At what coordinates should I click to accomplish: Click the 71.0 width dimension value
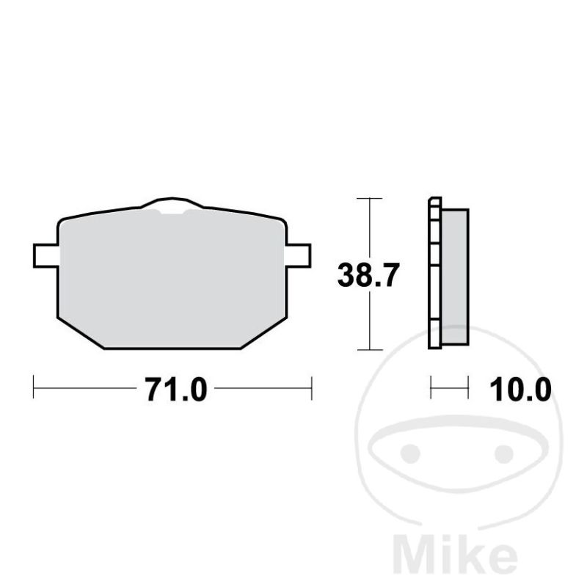tap(176, 390)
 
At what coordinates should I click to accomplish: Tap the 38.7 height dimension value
tap(368, 275)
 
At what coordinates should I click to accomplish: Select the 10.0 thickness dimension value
tap(520, 390)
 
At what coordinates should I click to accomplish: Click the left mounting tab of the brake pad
tap(45, 255)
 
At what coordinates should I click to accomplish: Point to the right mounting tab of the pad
tap(299, 255)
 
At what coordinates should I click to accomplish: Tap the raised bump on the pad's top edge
tap(172, 203)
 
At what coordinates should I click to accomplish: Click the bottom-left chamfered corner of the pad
tap(81, 334)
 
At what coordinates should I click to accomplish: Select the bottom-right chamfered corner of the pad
tap(264, 334)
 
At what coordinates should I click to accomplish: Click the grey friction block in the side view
tap(455, 277)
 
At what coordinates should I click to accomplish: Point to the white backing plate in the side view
tap(434, 273)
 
